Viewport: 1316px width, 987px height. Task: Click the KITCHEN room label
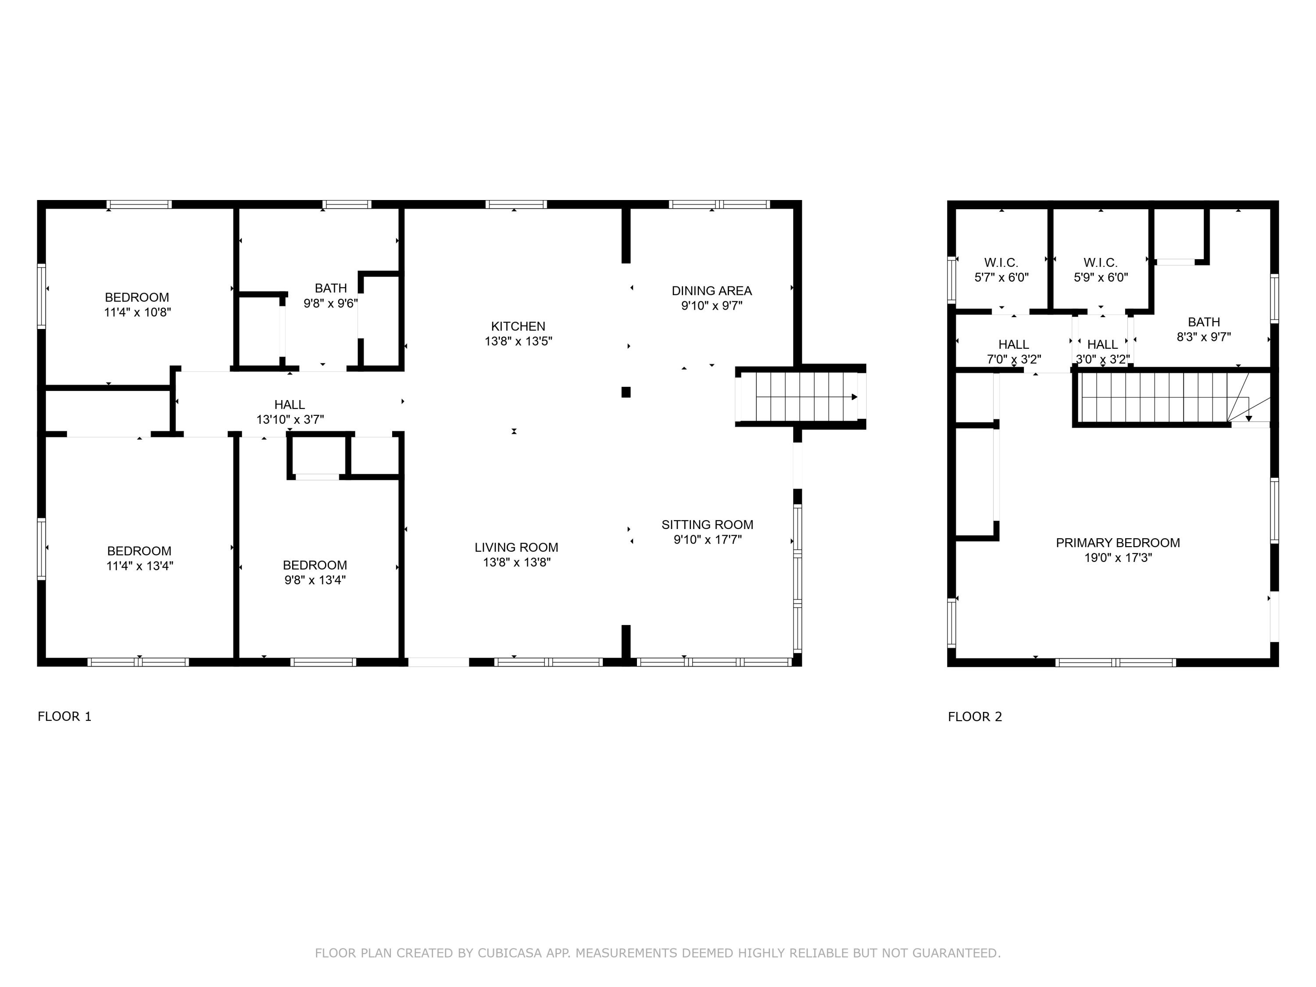point(518,326)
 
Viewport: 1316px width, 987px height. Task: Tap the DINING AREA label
point(712,291)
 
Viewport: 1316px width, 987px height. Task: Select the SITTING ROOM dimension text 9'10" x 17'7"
point(708,540)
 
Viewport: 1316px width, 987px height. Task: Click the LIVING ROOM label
point(516,547)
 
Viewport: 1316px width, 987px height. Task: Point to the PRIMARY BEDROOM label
point(1118,543)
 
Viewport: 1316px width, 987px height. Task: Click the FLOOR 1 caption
point(64,716)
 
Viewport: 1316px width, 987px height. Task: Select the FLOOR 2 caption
point(975,716)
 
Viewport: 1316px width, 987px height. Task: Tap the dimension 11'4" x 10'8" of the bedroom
point(137,312)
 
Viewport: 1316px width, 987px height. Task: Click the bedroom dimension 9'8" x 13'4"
point(315,580)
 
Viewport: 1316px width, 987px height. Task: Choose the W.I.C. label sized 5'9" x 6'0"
point(1100,262)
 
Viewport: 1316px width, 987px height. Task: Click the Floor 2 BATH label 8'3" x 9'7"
point(1204,322)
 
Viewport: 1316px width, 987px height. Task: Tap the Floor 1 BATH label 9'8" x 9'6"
point(331,288)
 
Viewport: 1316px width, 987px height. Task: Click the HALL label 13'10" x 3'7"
point(290,404)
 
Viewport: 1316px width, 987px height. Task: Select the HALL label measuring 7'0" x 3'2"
point(1013,344)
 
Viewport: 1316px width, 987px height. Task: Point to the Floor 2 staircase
point(1160,398)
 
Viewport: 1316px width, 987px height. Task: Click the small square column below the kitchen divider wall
point(626,392)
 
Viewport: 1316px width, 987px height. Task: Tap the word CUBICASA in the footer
point(509,953)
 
